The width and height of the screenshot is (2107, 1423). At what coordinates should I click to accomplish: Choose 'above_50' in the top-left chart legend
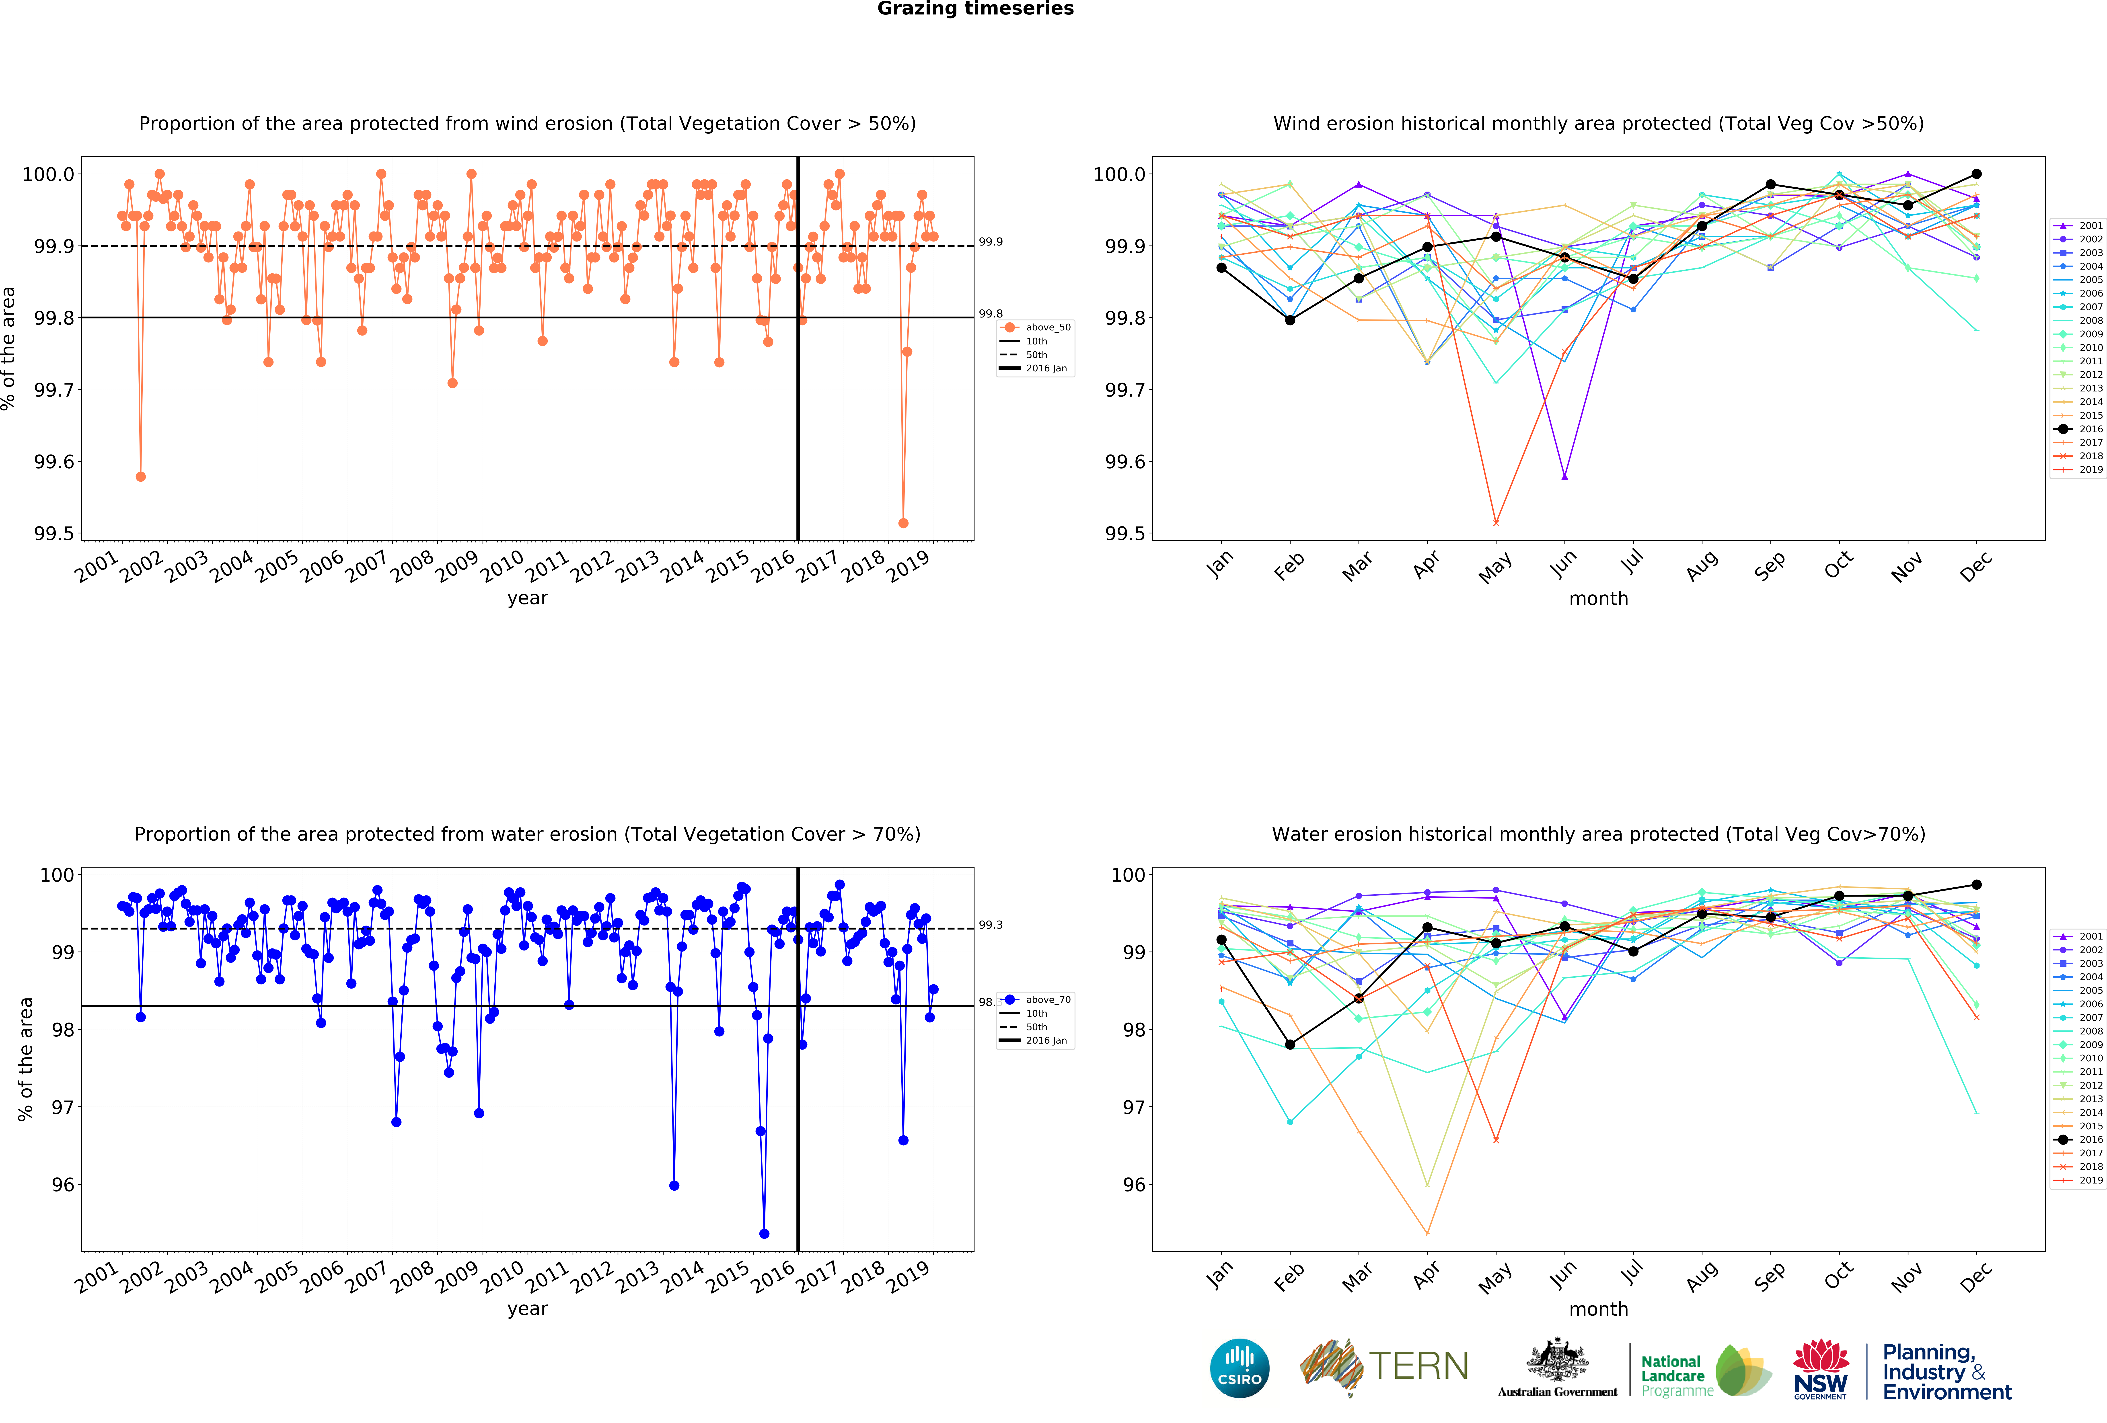(1047, 327)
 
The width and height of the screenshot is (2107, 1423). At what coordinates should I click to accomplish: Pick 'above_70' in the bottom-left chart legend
(1047, 1000)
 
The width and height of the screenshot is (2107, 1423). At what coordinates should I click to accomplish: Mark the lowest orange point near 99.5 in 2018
(903, 523)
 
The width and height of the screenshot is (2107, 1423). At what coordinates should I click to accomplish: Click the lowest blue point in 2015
(764, 1234)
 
